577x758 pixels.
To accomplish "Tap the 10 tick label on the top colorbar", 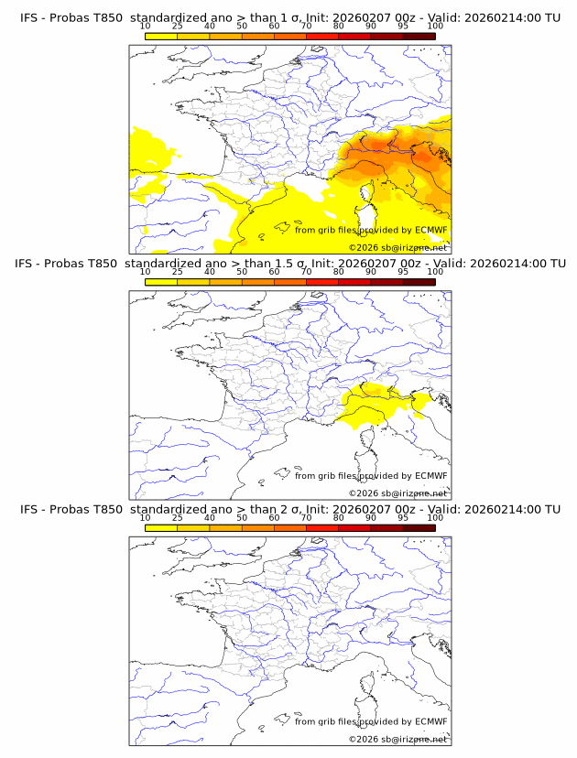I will click(x=145, y=26).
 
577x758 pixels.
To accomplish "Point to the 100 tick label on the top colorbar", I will click(x=435, y=26).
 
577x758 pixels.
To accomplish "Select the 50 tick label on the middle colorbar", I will click(x=242, y=272).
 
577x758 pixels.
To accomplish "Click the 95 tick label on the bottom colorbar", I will click(x=403, y=518).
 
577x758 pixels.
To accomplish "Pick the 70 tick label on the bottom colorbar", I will click(x=306, y=518).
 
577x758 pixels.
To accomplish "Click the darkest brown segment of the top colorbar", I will click(x=419, y=37).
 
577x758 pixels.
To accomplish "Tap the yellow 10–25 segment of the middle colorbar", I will click(x=161, y=283).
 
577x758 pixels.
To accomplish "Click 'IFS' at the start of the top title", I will click(x=30, y=16).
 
